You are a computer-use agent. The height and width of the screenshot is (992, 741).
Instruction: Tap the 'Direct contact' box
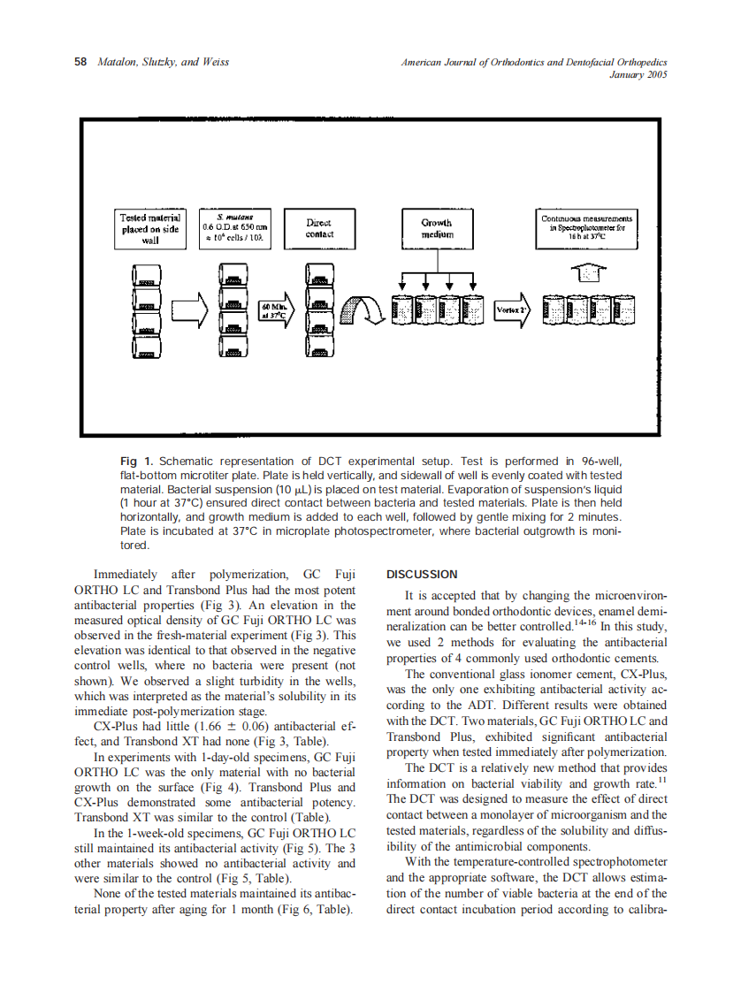coord(319,228)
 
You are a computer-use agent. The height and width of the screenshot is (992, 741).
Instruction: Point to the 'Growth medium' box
coord(436,228)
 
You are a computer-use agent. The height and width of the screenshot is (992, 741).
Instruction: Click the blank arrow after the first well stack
coord(191,311)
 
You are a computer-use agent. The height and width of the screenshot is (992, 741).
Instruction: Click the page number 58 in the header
coord(80,63)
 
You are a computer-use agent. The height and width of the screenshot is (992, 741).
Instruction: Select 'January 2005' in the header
coord(638,75)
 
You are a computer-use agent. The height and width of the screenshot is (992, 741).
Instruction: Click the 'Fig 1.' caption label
coord(137,461)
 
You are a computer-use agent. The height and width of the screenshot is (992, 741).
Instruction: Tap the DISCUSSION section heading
coord(423,574)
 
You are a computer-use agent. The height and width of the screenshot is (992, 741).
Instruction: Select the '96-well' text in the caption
coord(600,461)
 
